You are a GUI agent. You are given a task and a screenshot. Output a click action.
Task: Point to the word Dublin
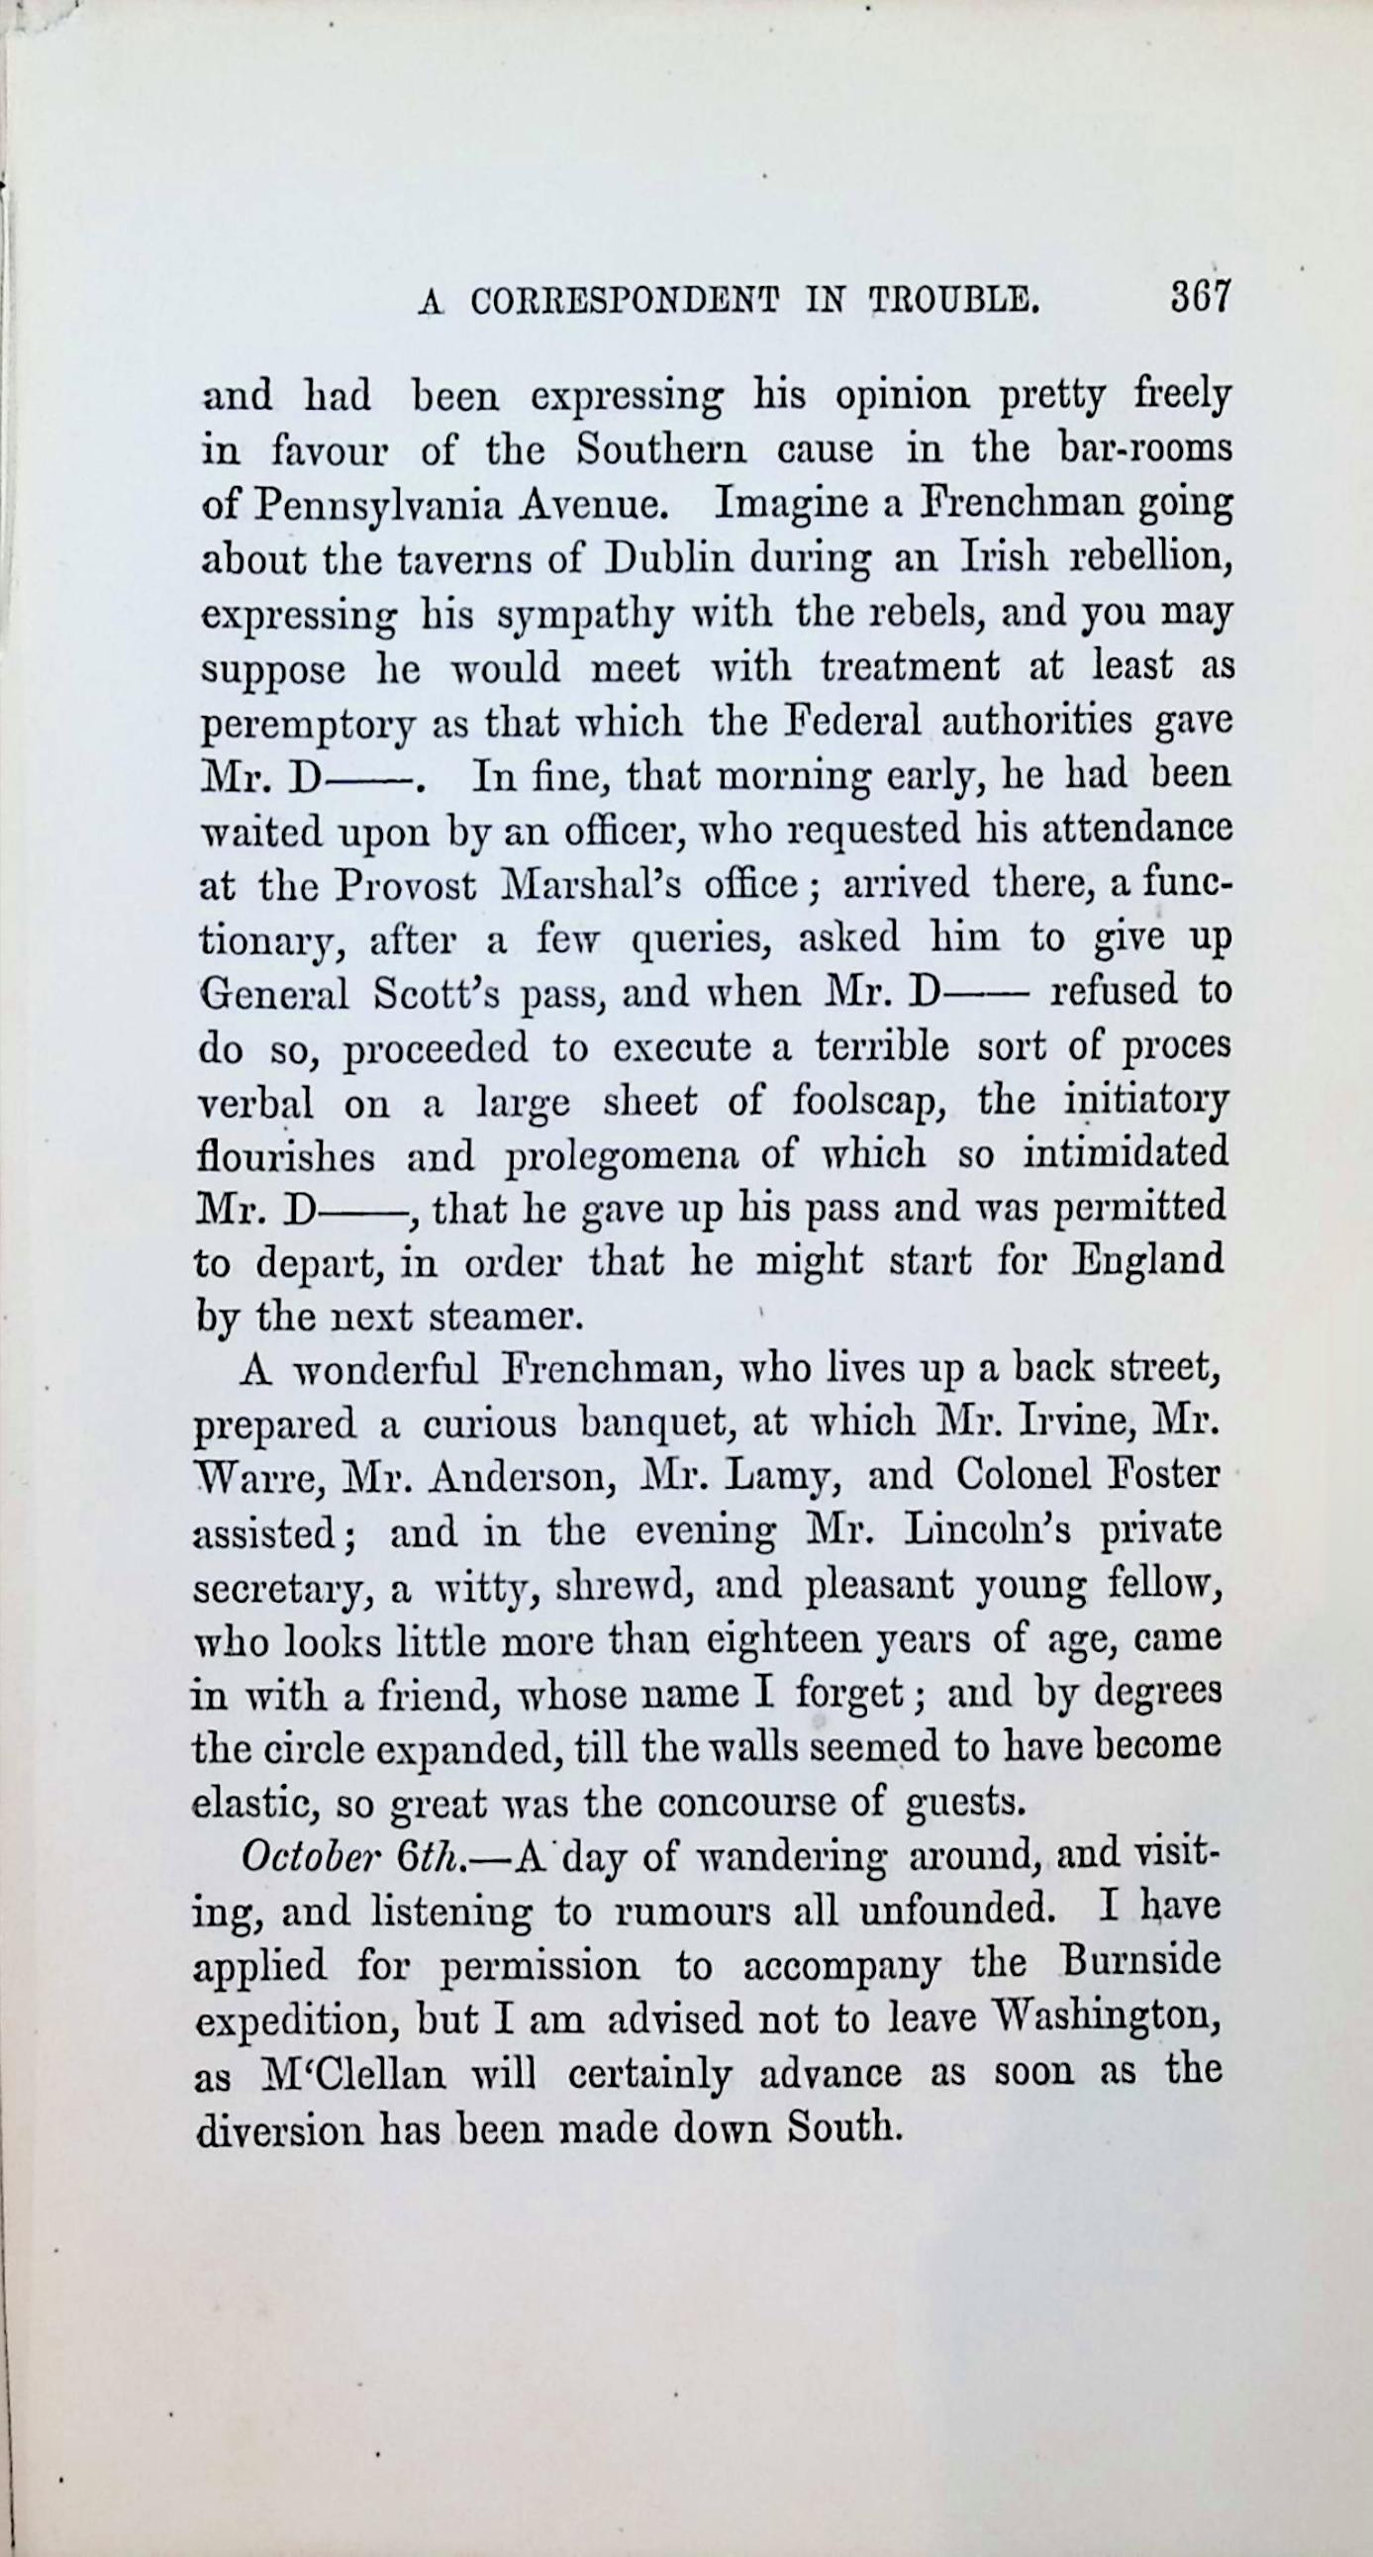click(668, 560)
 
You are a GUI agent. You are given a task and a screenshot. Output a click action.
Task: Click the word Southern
click(660, 450)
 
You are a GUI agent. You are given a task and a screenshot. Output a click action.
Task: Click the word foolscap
click(870, 1102)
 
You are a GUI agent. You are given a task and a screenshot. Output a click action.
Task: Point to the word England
click(1149, 1261)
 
